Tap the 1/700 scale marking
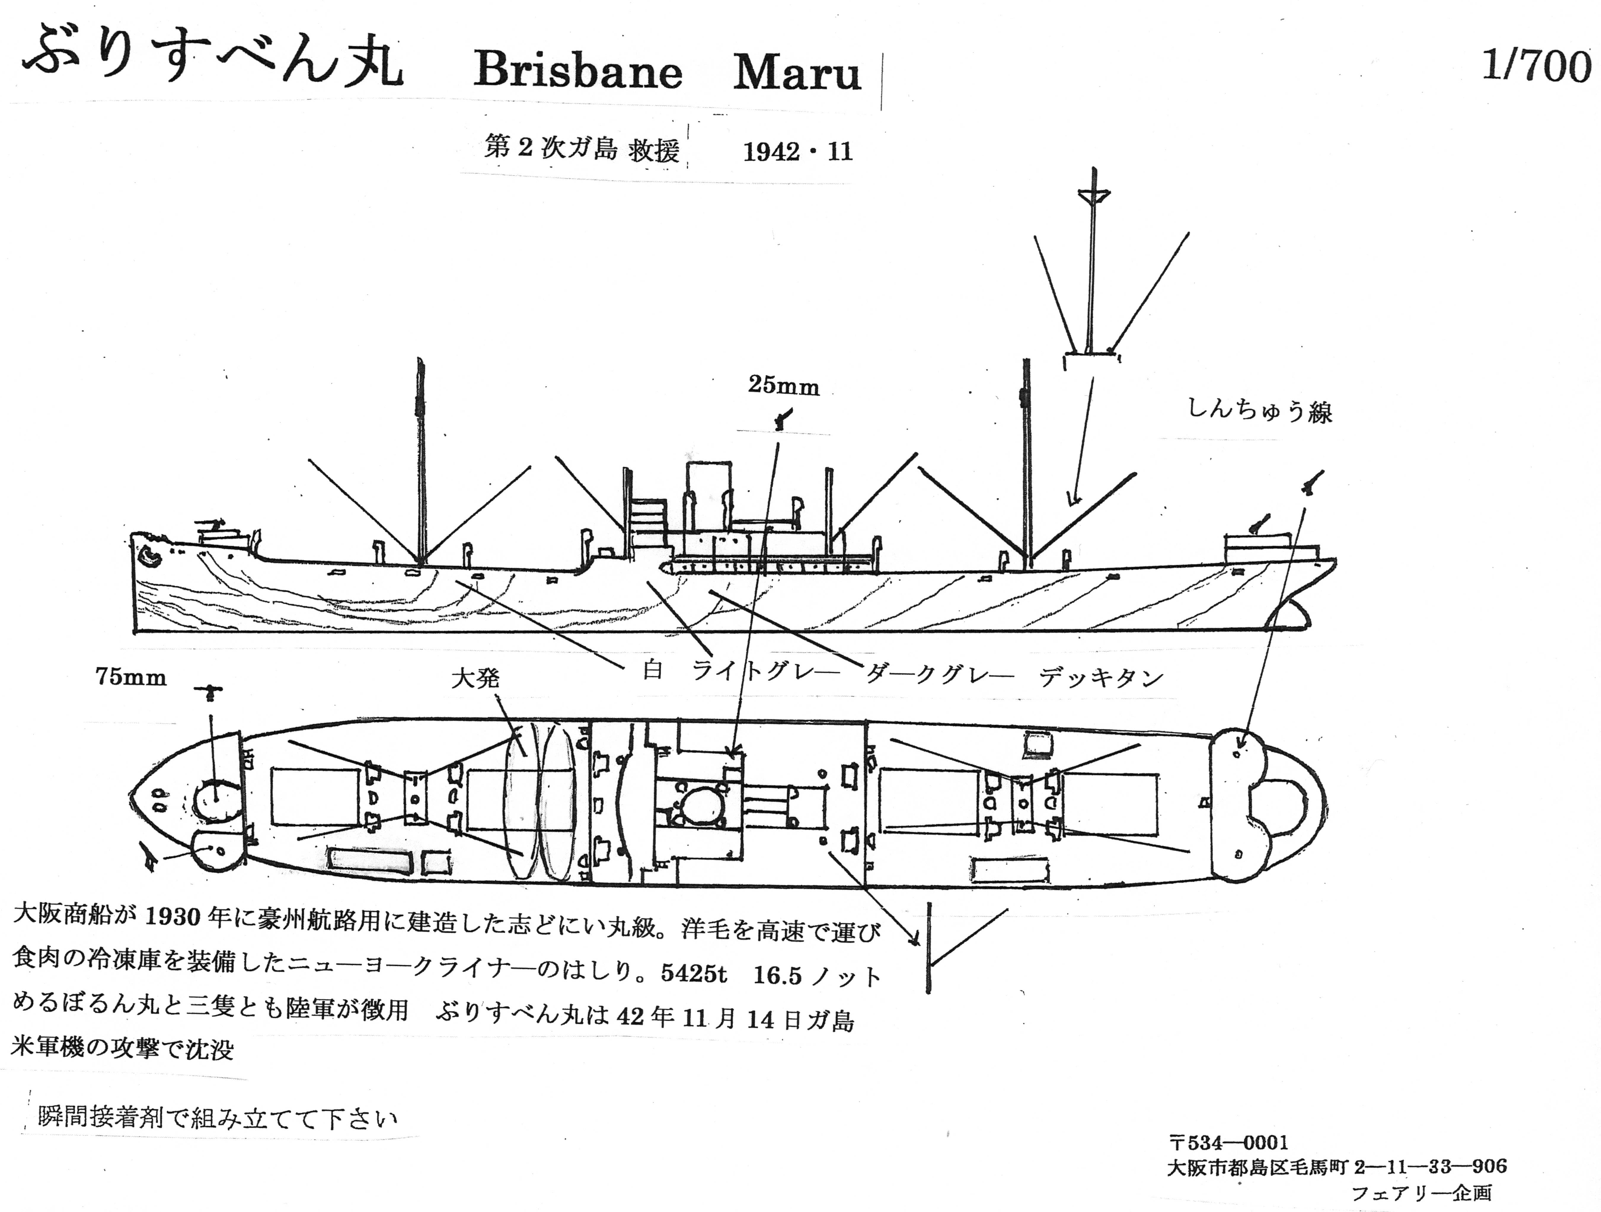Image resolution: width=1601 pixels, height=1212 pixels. (x=1536, y=67)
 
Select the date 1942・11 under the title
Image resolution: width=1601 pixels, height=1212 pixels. (x=798, y=152)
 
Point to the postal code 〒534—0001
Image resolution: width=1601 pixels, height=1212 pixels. (x=1228, y=1143)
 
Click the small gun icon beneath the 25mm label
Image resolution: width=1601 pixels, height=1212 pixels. (x=782, y=418)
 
